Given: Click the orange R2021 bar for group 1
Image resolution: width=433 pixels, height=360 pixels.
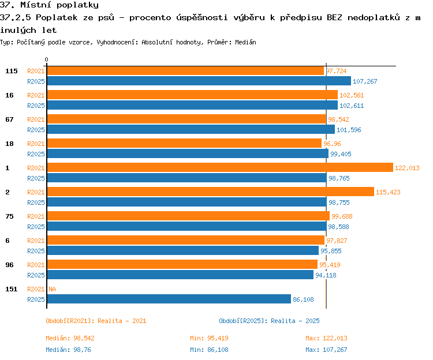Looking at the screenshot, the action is coord(220,167).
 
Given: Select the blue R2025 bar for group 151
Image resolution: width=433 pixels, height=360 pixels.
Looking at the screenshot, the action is coord(169,299).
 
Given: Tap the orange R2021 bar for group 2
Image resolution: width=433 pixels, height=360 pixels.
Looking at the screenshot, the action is coord(210,192).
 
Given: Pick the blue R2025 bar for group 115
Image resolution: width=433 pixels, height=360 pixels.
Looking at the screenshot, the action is coord(199,81).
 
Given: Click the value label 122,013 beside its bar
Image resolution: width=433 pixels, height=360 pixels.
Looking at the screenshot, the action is coord(407,168).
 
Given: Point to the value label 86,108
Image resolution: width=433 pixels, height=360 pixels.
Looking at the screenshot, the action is coord(303,299).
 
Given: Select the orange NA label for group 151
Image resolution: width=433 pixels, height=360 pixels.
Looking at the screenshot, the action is coord(52,289).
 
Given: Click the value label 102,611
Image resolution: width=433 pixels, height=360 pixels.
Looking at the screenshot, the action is coord(352,106).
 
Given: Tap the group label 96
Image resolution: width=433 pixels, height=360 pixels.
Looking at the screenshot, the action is coord(9,265).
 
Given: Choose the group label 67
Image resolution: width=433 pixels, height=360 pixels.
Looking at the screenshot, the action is coord(9,119).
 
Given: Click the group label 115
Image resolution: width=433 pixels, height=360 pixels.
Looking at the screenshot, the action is coord(12,71).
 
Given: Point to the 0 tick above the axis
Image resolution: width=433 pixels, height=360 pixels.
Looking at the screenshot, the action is coord(46,59).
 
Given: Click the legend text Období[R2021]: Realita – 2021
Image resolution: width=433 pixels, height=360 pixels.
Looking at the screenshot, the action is coord(96,321).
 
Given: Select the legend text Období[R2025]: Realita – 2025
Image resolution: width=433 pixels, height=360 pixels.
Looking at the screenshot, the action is coord(269,321).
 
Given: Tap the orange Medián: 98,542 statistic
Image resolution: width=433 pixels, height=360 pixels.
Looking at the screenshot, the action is coord(70,338).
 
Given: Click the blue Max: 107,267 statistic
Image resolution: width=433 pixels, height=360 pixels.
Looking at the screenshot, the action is coord(326,350).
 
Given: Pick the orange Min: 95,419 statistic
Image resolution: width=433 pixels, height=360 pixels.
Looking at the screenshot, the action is coord(209,338).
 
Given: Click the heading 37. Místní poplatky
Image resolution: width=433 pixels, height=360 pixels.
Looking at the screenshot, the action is coord(49,5).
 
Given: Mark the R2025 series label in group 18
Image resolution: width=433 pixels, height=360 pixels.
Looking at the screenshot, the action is coord(36,154).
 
